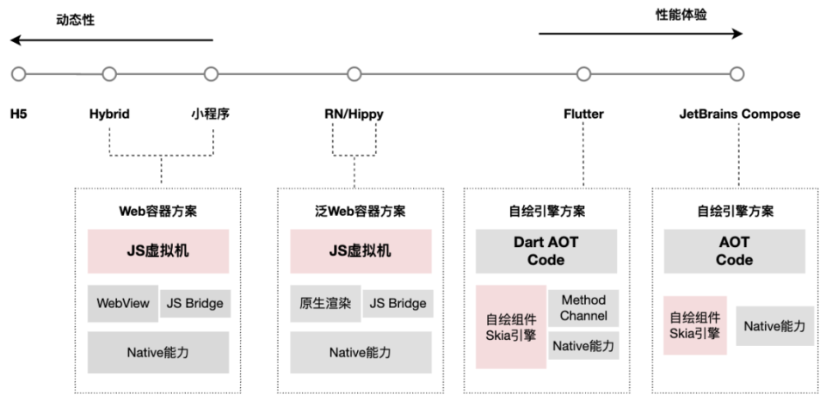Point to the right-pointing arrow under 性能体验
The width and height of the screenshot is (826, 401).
[x=640, y=34]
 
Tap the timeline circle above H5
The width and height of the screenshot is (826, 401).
[x=19, y=74]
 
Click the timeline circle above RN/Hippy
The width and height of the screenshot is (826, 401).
[x=354, y=74]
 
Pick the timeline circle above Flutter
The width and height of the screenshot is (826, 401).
[x=583, y=74]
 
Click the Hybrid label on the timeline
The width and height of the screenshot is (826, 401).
[x=109, y=114]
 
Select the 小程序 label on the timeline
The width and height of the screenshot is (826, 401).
[x=211, y=114]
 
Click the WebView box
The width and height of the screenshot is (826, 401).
[x=121, y=303]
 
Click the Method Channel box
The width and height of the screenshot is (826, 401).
[x=583, y=307]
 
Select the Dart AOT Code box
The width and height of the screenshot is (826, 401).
[x=546, y=251]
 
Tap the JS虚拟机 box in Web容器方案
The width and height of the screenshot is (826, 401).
[x=158, y=251]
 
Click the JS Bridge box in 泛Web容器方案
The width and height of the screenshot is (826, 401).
[x=397, y=303]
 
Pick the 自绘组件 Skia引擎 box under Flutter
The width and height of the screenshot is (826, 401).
[x=511, y=326]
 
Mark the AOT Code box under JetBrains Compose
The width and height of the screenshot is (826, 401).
[x=734, y=251]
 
